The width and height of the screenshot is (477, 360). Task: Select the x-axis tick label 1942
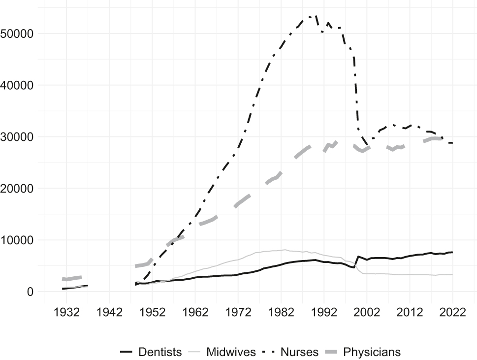[110, 313]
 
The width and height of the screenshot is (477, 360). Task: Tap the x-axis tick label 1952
[152, 313]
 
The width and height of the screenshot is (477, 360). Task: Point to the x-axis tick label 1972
[238, 313]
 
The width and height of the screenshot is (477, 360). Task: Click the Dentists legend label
[160, 352]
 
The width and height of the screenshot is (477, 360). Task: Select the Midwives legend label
[231, 352]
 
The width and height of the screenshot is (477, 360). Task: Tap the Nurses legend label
[299, 352]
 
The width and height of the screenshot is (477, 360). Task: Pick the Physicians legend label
[372, 352]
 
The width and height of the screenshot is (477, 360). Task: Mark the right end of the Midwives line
[452, 274]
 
